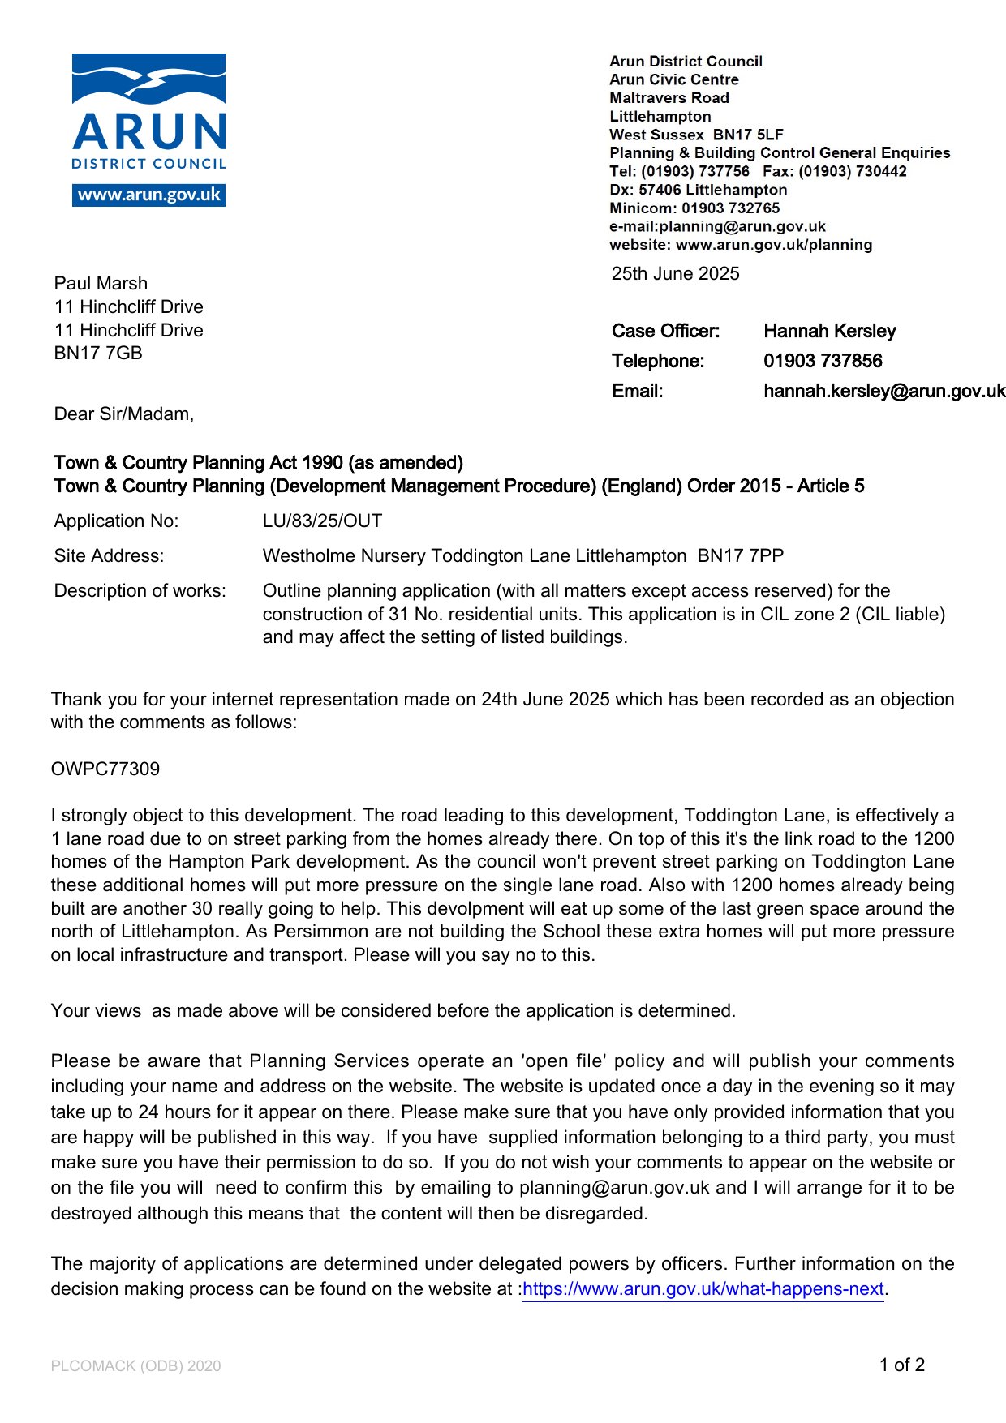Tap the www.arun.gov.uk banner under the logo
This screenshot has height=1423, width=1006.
click(148, 195)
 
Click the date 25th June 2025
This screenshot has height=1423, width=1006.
click(675, 273)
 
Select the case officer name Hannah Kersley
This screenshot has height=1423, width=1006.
click(829, 331)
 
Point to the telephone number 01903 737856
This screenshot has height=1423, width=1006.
click(823, 361)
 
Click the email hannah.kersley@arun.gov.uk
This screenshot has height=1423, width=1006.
click(884, 391)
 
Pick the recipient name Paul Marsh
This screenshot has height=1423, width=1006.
click(101, 283)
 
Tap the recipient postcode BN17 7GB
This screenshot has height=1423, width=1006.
click(98, 353)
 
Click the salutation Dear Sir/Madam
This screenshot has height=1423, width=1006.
click(123, 414)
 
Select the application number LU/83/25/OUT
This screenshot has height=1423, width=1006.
click(322, 521)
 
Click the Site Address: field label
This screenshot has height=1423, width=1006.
click(109, 555)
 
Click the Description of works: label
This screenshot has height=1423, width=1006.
click(140, 590)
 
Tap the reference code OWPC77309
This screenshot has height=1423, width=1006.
click(105, 769)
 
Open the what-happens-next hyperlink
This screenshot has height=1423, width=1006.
click(703, 1288)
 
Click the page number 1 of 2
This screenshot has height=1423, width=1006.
click(901, 1365)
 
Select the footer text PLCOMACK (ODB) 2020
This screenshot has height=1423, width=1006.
click(135, 1365)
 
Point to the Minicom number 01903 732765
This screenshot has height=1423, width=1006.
click(730, 208)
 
